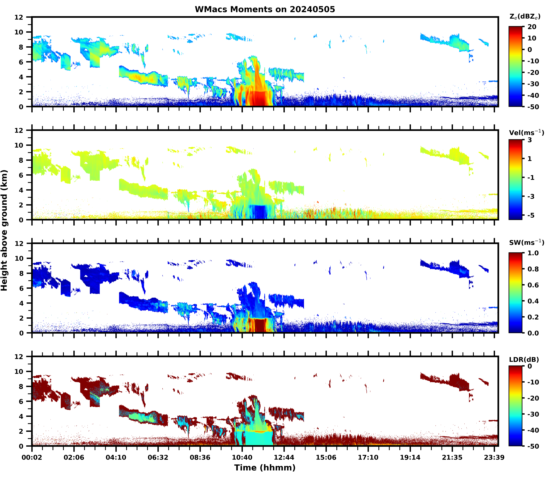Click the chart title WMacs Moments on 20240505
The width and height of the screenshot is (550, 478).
[x=265, y=9]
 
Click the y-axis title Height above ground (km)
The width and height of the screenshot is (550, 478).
[x=4, y=230]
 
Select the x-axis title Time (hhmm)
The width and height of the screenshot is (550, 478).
[x=265, y=468]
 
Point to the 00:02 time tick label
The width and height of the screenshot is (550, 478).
[x=32, y=457]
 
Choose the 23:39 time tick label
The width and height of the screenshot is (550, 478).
[x=494, y=457]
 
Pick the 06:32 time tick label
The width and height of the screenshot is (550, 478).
[x=158, y=457]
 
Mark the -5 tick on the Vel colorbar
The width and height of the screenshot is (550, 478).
[x=531, y=215]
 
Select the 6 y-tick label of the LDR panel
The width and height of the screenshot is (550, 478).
[x=21, y=401]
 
